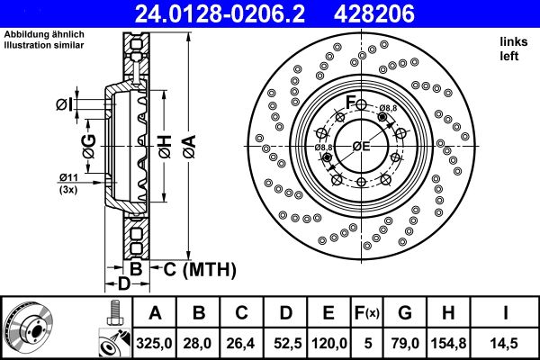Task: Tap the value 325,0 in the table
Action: [155, 341]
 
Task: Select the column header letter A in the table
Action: [155, 313]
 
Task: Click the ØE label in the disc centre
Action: [361, 147]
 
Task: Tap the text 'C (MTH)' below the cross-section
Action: [199, 268]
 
